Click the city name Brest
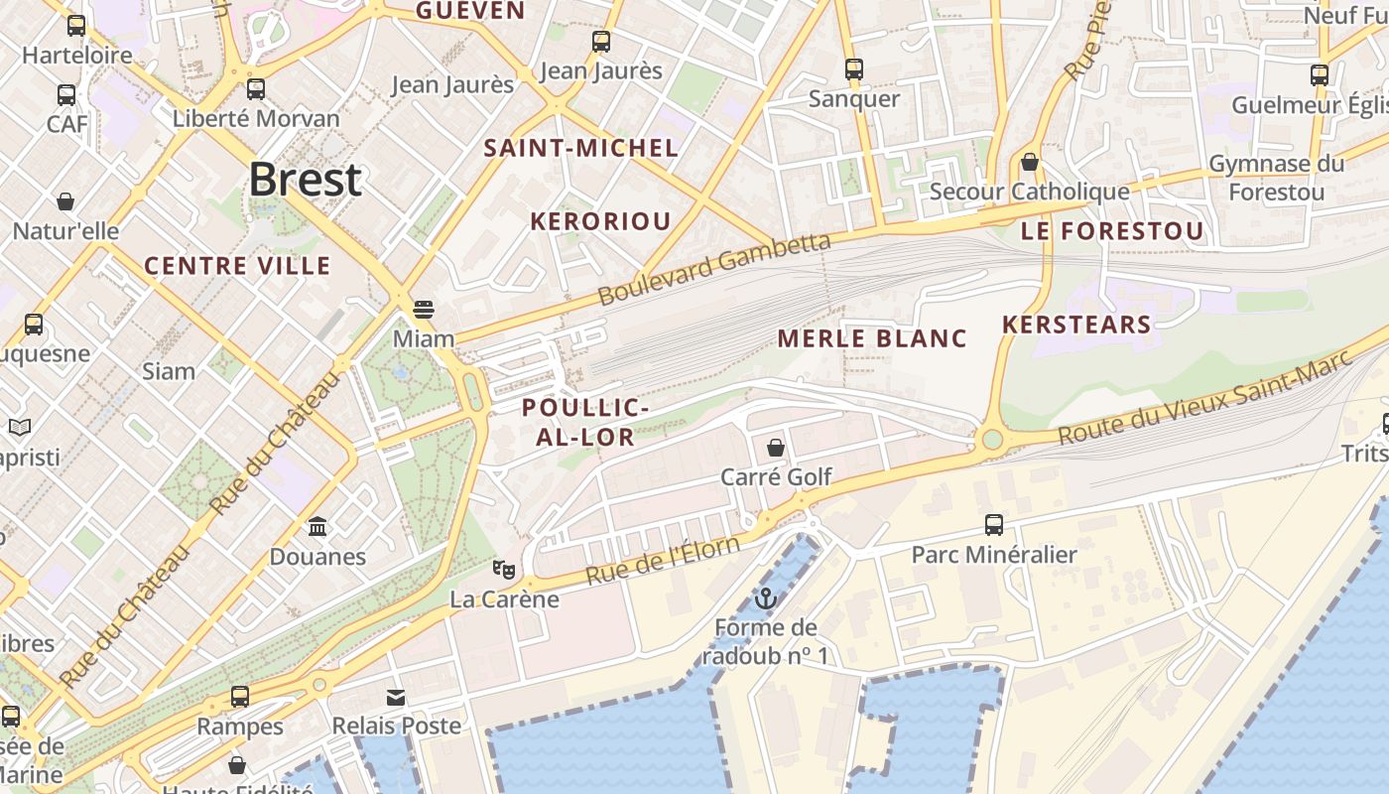[x=305, y=180]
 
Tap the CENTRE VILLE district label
[x=237, y=266]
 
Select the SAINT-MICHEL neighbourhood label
[x=580, y=149]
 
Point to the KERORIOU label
[x=600, y=221]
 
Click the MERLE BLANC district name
[x=871, y=339]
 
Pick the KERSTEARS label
[x=1076, y=325]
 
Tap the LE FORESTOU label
[x=1111, y=232]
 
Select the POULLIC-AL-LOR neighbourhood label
[x=585, y=423]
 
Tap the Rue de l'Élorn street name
[x=662, y=561]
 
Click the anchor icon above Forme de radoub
[x=765, y=598]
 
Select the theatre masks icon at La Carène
[x=504, y=570]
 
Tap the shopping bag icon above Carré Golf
[x=776, y=448]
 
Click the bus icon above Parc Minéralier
[x=993, y=525]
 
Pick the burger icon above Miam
[x=424, y=310]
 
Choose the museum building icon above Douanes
[x=317, y=526]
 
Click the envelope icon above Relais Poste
[x=396, y=698]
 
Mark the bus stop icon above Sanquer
[x=853, y=69]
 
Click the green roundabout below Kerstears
[x=990, y=439]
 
